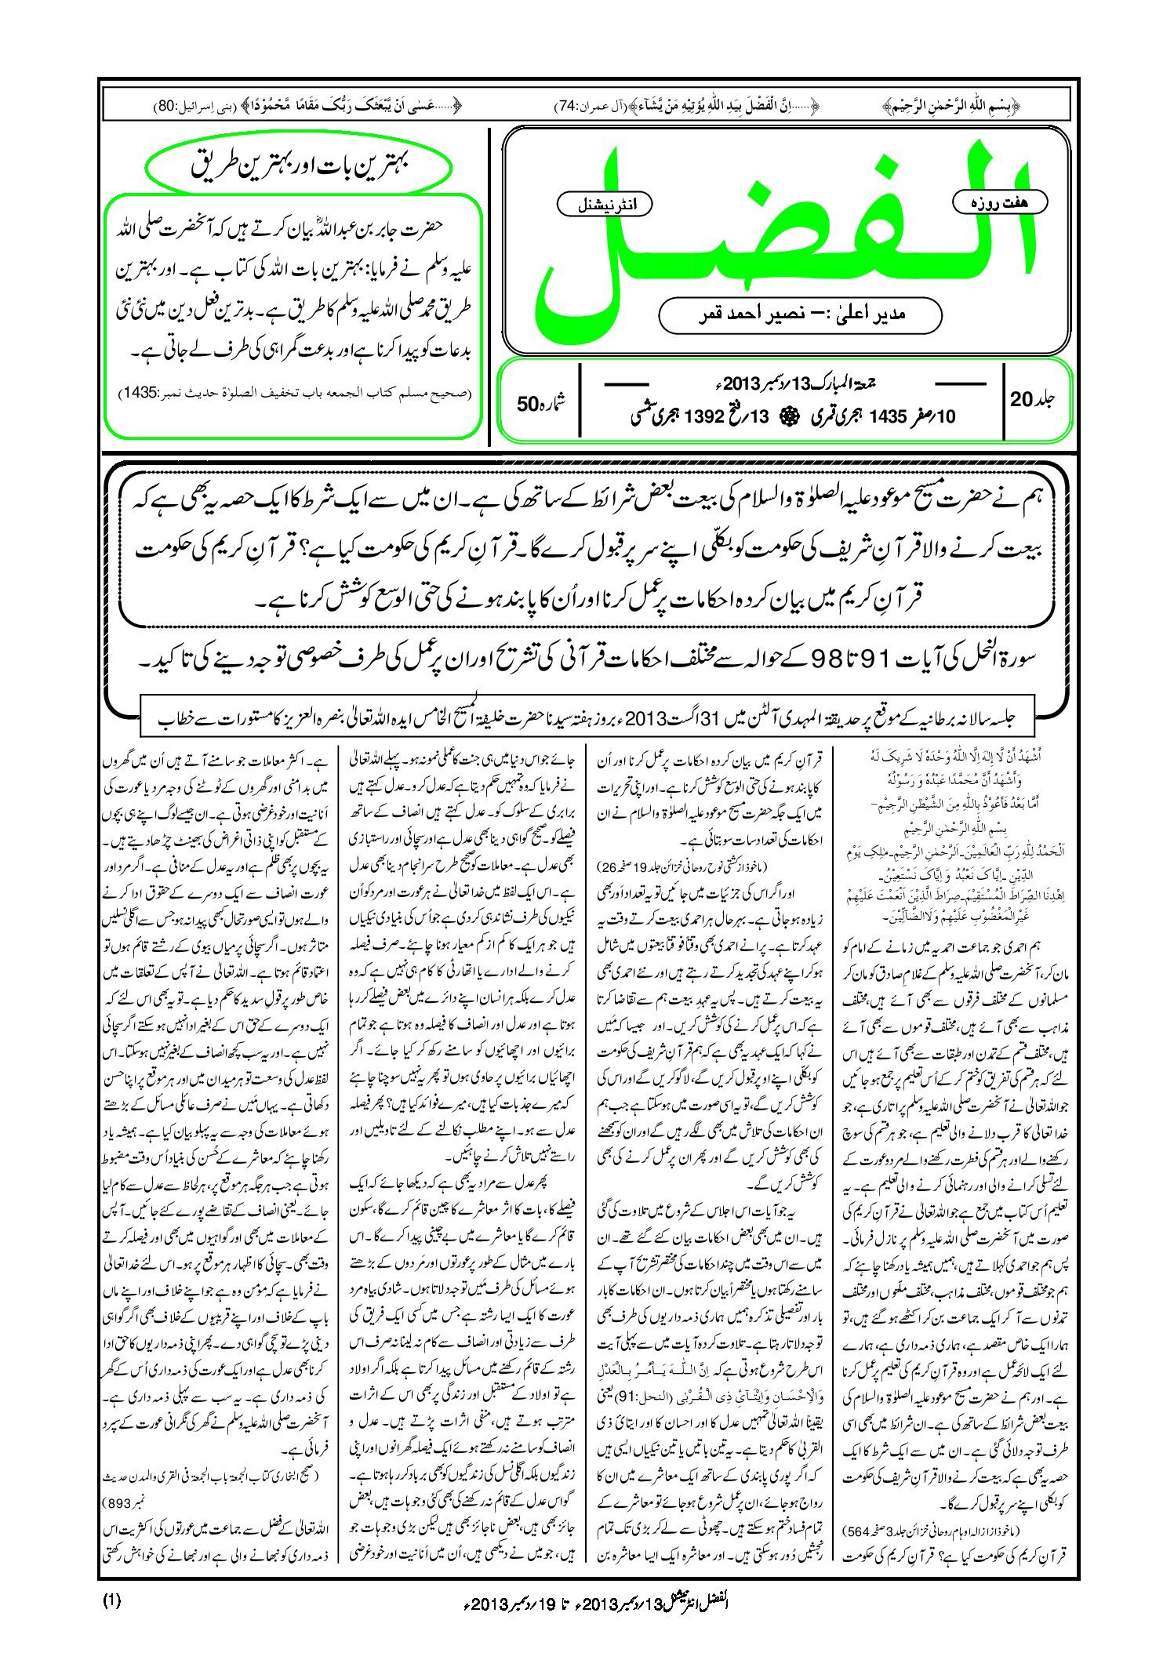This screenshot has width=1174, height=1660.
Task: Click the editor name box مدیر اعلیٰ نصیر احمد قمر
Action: coord(800,314)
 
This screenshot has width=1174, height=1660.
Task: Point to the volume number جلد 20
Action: coord(1032,399)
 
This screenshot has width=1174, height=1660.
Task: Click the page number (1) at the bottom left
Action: coord(111,1600)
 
